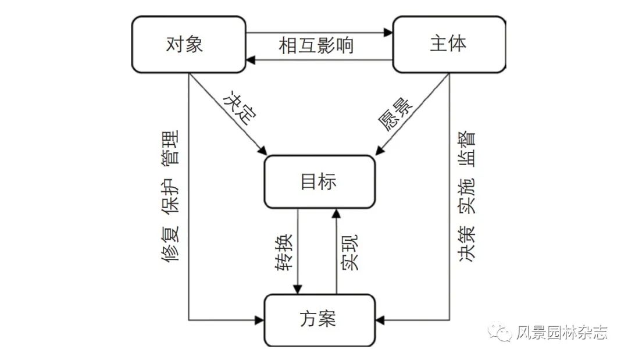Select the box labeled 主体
pyautogui.click(x=449, y=44)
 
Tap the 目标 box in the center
pyautogui.click(x=319, y=182)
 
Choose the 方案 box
pyautogui.click(x=319, y=319)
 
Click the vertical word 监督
pyautogui.click(x=467, y=149)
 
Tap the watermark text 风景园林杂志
pyautogui.click(x=562, y=333)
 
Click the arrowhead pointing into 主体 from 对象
pyautogui.click(x=389, y=33)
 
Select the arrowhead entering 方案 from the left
pyautogui.click(x=260, y=319)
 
